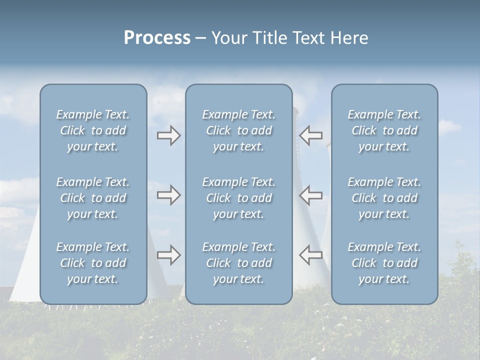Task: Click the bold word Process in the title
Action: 157,38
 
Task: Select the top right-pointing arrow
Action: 168,135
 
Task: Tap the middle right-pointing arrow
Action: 168,195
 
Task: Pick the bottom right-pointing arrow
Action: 168,255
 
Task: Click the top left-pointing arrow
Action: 310,135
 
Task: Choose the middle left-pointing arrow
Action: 310,195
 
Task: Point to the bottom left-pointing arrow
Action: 310,255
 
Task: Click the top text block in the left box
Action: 93,130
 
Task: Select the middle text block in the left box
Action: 93,198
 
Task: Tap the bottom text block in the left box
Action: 93,263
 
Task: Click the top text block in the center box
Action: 238,130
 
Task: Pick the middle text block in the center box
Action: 238,198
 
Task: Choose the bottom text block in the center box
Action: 238,263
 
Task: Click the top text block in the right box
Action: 384,130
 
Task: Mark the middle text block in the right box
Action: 384,198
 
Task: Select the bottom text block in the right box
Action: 384,263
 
